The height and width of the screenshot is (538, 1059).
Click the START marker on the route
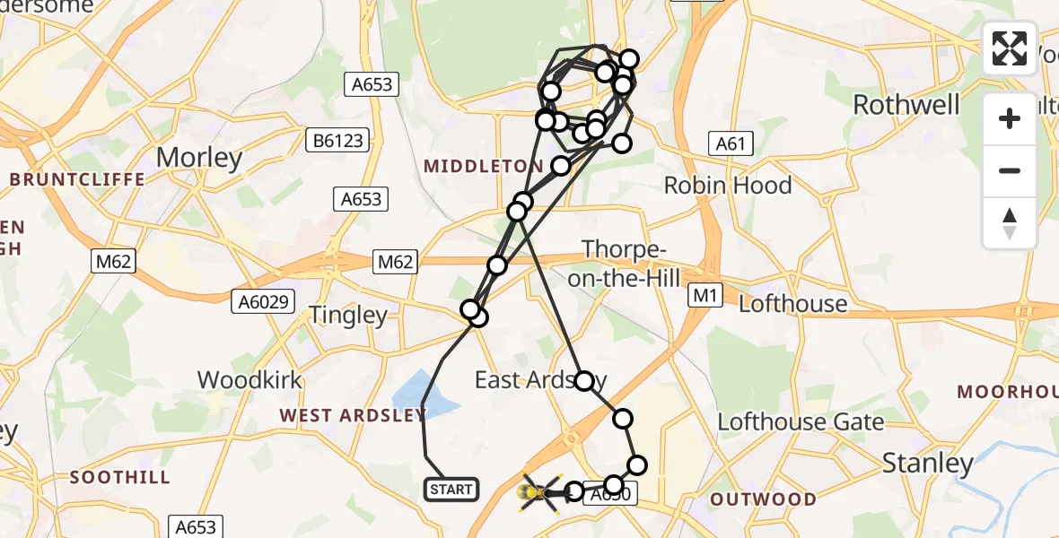click(x=451, y=490)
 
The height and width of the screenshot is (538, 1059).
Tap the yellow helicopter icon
click(x=538, y=492)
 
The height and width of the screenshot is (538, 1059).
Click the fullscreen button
click(x=1010, y=48)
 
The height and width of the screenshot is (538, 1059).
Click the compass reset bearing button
click(x=1010, y=222)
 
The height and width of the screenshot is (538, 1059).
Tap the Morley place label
click(x=199, y=158)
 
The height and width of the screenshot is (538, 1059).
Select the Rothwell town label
click(x=906, y=104)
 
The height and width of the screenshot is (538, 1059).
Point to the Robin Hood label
click(x=728, y=186)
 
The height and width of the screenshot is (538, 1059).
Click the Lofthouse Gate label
click(x=801, y=421)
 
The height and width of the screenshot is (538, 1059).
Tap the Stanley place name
click(x=927, y=463)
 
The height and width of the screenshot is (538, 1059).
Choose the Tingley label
click(x=348, y=315)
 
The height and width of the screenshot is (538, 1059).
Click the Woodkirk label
click(x=249, y=379)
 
